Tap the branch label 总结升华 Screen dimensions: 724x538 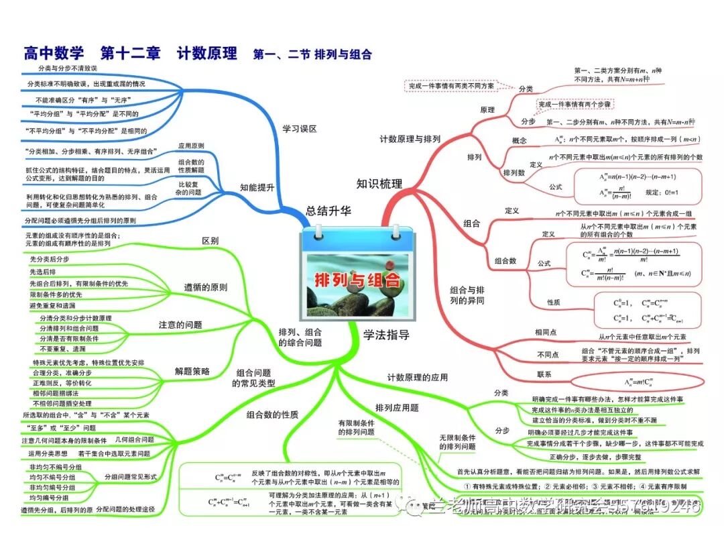click(x=328, y=211)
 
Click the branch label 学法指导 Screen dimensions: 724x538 click(x=386, y=335)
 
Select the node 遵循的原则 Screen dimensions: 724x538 click(x=206, y=287)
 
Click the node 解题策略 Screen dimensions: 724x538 click(x=192, y=371)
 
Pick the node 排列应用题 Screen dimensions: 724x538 click(x=397, y=407)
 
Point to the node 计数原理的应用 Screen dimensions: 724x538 click(x=417, y=378)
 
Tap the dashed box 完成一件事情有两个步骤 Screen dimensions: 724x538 click(x=574, y=105)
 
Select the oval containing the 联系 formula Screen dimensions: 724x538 click(x=638, y=382)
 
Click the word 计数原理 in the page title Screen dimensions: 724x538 click(x=207, y=53)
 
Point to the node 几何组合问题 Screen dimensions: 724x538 click(x=135, y=439)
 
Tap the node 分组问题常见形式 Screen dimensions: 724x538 click(x=131, y=476)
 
